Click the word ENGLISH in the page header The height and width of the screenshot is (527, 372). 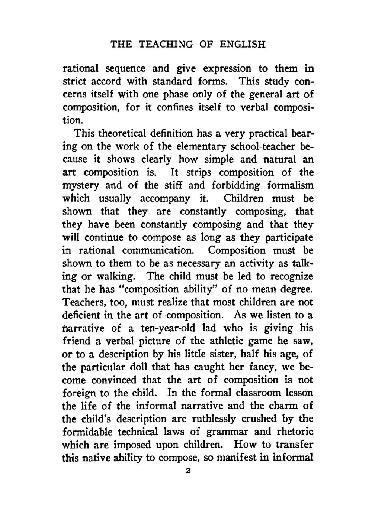click(x=243, y=45)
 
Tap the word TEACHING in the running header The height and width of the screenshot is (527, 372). click(x=166, y=45)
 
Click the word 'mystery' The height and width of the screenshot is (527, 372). click(x=81, y=185)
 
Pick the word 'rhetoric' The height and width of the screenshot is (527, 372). click(x=295, y=432)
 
